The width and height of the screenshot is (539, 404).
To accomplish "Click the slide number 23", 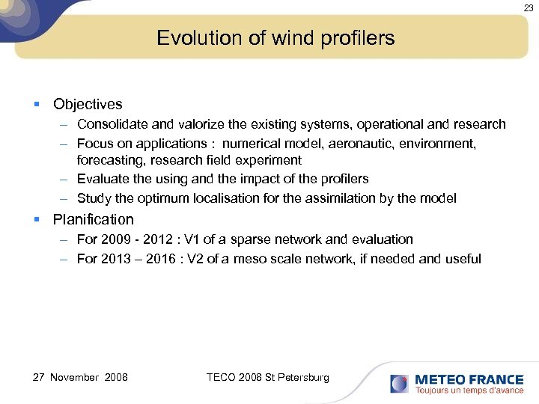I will pyautogui.click(x=529, y=7).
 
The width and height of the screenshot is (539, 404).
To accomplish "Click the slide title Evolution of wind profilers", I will pyautogui.click(x=275, y=38).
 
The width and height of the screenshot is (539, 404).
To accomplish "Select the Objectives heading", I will pyautogui.click(x=88, y=105).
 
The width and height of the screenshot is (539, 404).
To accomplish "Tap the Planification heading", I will pyautogui.click(x=94, y=220).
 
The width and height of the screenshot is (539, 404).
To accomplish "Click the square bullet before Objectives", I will pyautogui.click(x=37, y=105).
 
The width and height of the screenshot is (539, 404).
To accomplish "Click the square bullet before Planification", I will pyautogui.click(x=37, y=220).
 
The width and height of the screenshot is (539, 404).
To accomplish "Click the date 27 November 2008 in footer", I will pyautogui.click(x=80, y=377).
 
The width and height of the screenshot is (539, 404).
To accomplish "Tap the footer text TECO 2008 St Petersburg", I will pyautogui.click(x=267, y=377).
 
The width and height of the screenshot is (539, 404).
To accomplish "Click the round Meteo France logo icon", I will pyautogui.click(x=399, y=384).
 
